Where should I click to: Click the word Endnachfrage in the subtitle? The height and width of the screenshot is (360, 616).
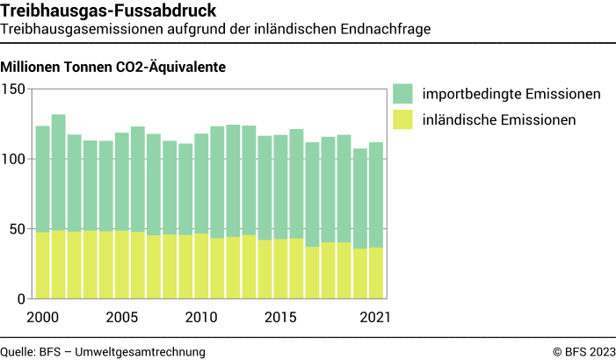tap(389, 29)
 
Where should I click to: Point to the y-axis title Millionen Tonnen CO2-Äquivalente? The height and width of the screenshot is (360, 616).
tap(114, 67)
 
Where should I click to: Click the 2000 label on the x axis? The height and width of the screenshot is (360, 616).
tap(42, 317)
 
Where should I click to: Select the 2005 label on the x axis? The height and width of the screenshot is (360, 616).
tap(121, 317)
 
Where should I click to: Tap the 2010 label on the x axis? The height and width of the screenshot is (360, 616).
tap(200, 317)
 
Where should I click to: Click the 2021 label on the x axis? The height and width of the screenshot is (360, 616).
tap(374, 317)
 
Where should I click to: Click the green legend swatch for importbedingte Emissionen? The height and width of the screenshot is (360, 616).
tap(402, 94)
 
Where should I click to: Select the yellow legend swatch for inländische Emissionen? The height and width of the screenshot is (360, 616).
tap(402, 119)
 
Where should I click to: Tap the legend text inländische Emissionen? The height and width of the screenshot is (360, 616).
tap(498, 119)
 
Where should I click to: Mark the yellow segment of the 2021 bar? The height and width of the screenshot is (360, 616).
tap(375, 273)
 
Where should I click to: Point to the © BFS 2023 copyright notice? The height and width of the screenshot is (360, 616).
tap(583, 351)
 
